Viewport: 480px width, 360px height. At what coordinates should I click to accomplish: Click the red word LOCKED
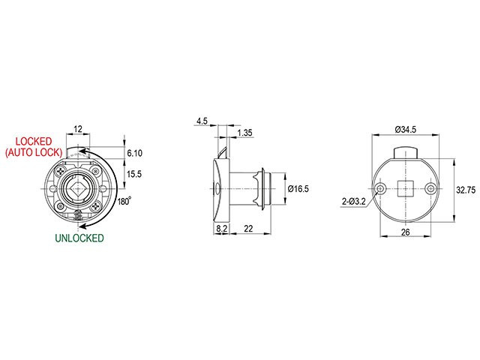click(x=34, y=141)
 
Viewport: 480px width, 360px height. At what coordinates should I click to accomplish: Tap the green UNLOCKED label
click(x=79, y=238)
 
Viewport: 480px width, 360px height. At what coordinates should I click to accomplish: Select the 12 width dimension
click(x=78, y=129)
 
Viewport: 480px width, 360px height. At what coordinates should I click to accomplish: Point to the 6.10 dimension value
click(x=135, y=153)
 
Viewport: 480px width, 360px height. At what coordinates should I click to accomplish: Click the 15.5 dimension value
click(x=134, y=174)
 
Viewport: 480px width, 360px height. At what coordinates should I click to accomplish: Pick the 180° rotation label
click(x=124, y=201)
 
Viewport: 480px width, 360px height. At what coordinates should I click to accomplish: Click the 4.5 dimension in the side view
click(x=202, y=121)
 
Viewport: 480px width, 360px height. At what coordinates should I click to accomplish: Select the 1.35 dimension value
click(x=244, y=133)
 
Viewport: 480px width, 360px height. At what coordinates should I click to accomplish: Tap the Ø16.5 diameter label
click(x=298, y=188)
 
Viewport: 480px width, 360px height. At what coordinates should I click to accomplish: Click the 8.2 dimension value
click(x=222, y=228)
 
